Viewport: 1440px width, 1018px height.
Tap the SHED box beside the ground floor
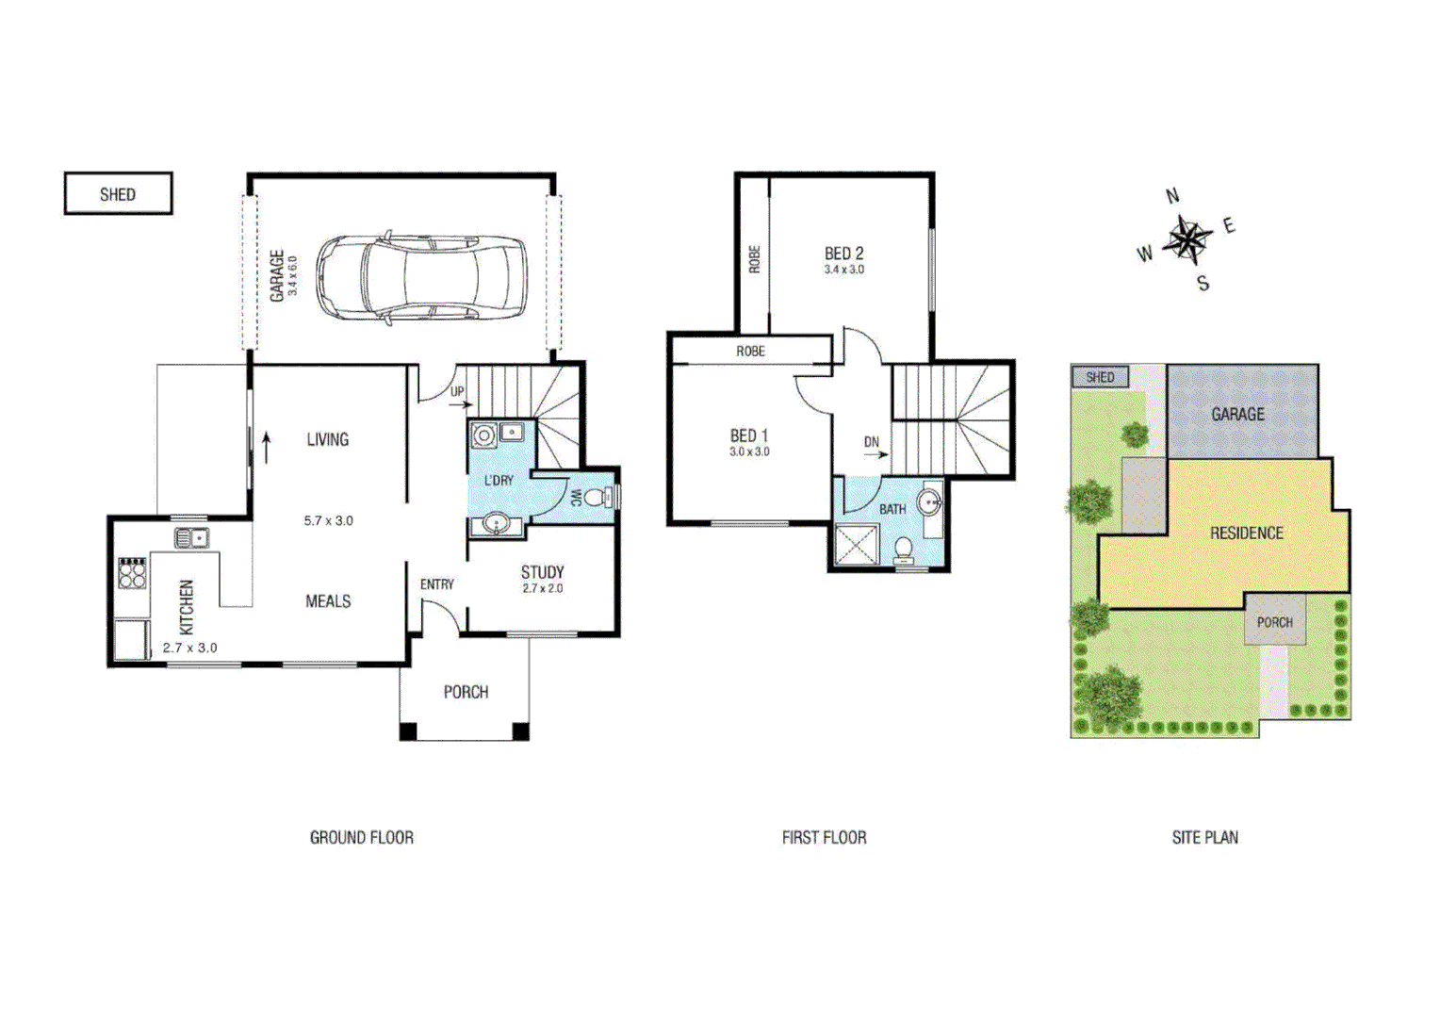point(118,194)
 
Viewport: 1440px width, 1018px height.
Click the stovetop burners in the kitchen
point(132,573)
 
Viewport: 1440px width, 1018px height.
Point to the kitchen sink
point(191,538)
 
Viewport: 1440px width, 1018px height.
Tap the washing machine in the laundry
point(484,435)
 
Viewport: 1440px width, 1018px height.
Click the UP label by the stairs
point(457,391)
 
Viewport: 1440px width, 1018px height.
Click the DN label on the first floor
point(872,441)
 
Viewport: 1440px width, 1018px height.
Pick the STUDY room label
point(542,572)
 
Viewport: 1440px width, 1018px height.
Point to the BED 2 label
point(843,254)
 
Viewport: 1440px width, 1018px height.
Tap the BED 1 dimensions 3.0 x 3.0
point(749,452)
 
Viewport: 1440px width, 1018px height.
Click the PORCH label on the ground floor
point(466,692)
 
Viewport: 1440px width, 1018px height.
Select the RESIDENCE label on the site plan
point(1246,534)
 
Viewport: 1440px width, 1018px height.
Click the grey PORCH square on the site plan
point(1274,620)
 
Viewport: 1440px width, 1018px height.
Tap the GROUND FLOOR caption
point(362,837)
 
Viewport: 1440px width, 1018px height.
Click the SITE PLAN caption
point(1204,837)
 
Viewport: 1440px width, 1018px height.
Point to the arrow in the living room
point(267,447)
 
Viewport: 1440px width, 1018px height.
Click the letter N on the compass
point(1172,196)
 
